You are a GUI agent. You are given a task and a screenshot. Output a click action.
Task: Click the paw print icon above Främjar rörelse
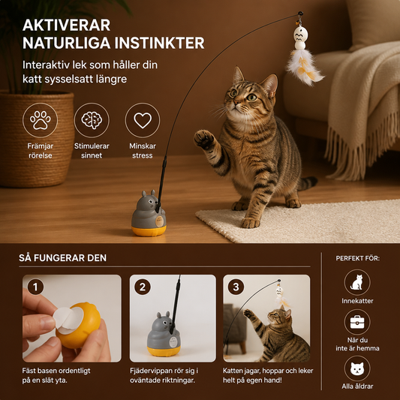[40, 120]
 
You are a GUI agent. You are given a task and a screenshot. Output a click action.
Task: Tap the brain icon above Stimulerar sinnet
[92, 120]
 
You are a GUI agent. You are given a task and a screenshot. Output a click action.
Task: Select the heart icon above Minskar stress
[143, 120]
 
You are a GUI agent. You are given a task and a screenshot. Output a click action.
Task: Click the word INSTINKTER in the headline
[159, 43]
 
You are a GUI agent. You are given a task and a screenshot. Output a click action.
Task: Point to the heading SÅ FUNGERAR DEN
[63, 258]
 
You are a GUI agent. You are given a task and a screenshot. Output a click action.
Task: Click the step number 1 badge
[35, 287]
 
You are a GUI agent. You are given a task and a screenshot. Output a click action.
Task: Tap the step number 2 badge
[143, 287]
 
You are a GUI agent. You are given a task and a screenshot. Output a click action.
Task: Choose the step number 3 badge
[236, 287]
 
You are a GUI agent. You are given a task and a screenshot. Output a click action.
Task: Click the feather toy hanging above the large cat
[304, 55]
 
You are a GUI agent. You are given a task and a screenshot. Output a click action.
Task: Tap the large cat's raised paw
[203, 139]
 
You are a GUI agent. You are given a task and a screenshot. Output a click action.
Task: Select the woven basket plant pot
[36, 139]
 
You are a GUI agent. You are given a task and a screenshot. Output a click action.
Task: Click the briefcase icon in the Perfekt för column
[357, 322]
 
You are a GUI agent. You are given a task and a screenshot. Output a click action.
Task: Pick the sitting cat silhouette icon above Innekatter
[357, 282]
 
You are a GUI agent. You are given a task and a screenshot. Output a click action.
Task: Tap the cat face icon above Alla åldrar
[357, 368]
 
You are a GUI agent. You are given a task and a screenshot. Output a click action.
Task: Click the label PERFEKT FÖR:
[357, 258]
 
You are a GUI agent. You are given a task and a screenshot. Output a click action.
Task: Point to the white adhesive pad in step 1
[68, 320]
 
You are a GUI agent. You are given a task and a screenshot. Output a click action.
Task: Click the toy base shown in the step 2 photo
[164, 334]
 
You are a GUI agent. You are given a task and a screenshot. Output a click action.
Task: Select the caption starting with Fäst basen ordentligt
[56, 375]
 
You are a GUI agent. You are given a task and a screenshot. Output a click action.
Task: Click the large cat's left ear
[238, 76]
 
